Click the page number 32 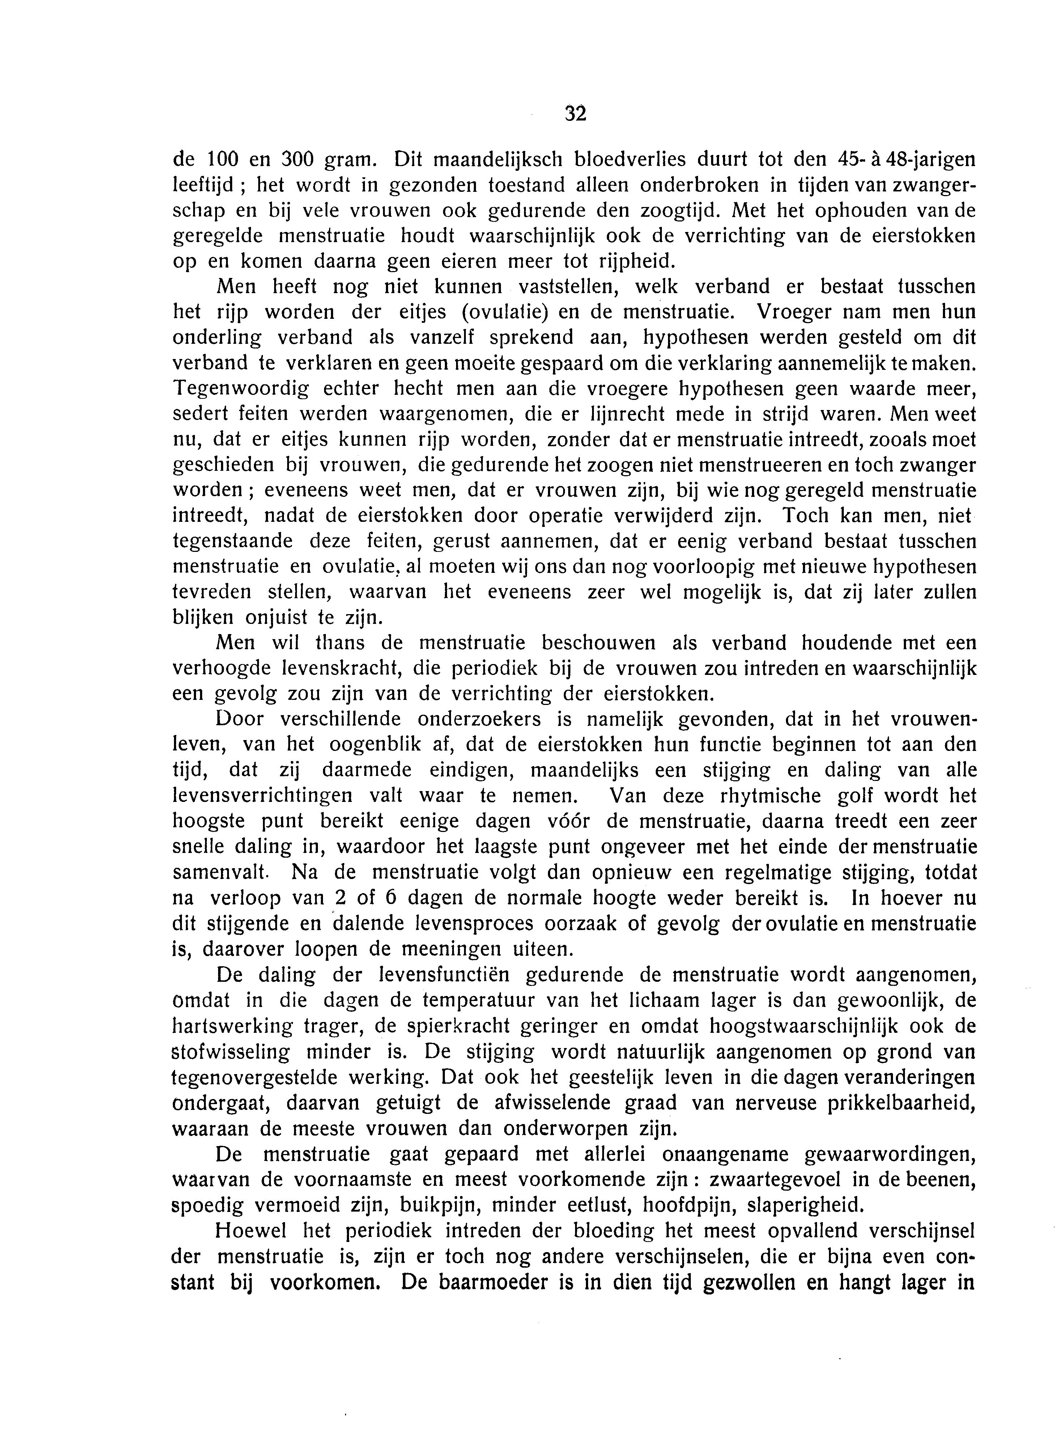point(576,114)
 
